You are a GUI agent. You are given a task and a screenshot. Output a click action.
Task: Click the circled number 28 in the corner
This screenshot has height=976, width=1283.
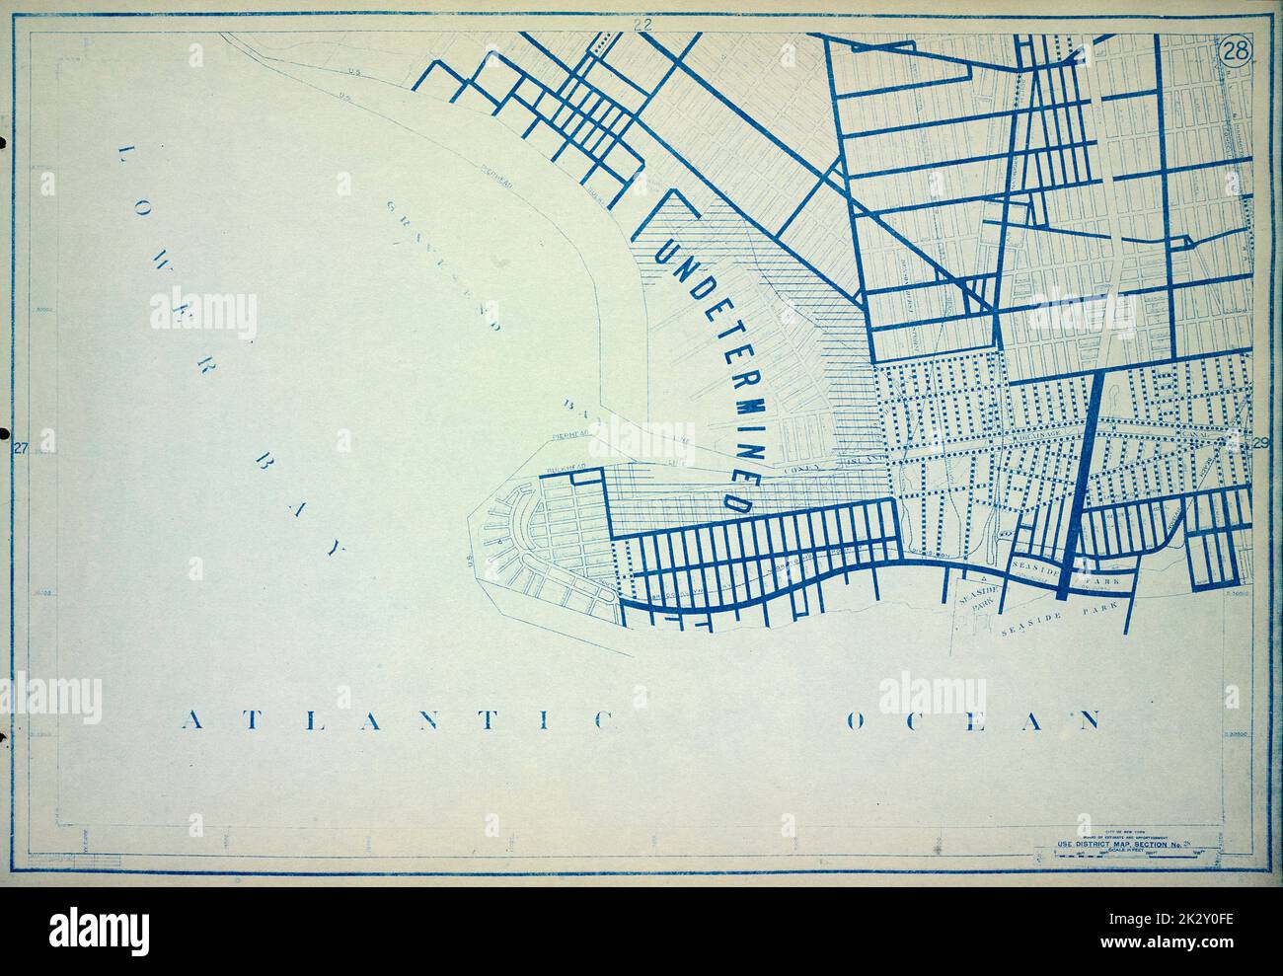[x=1235, y=51]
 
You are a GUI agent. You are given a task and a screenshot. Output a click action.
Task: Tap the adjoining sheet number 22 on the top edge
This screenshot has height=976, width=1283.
[x=642, y=26]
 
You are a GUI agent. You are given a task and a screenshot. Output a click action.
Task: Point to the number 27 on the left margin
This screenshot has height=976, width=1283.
[x=19, y=449]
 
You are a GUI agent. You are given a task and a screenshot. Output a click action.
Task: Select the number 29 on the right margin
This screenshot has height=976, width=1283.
[x=1260, y=443]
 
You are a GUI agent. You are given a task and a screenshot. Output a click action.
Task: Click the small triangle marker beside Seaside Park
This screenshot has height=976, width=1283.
[x=982, y=575]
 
